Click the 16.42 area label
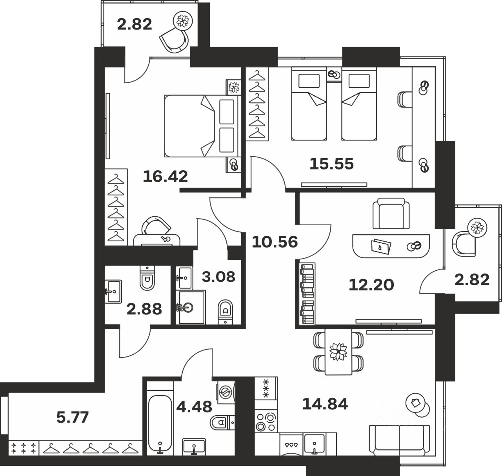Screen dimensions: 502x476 (x=165, y=177)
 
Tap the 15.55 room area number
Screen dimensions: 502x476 (x=331, y=163)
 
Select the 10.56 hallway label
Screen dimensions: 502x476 (x=275, y=242)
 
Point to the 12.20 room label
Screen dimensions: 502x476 (x=371, y=285)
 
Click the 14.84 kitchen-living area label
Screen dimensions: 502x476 (x=325, y=403)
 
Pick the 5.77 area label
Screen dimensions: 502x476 (x=73, y=417)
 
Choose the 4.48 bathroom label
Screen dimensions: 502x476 (x=194, y=405)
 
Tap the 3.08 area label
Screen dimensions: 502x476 (x=218, y=277)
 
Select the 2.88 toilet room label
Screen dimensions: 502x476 (x=144, y=309)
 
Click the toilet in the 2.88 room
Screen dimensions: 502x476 (x=147, y=277)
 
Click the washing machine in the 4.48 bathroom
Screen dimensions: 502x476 (x=225, y=391)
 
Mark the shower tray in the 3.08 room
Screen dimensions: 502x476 (x=191, y=307)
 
